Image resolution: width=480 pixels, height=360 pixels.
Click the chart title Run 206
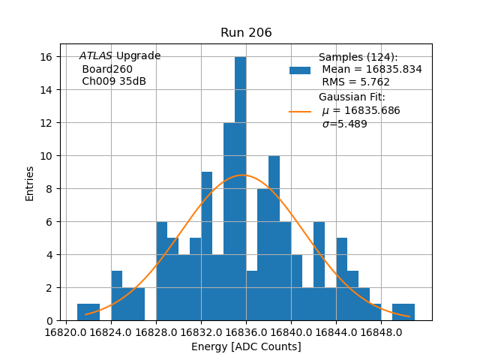coord(246,33)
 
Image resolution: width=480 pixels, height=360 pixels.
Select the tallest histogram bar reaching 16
coord(240,187)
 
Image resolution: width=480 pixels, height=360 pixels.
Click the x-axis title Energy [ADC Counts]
coord(246,346)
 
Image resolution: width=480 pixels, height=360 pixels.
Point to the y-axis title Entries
coord(30,182)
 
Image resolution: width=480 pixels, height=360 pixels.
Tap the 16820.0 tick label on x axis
coord(66,331)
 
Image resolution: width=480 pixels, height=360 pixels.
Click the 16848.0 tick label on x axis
coord(381,331)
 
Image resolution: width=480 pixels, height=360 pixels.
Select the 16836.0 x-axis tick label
coord(246,331)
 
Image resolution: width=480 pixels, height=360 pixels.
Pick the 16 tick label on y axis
coord(46,57)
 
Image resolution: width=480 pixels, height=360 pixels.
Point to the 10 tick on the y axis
coord(46,156)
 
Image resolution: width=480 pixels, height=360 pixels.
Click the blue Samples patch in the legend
coord(299,70)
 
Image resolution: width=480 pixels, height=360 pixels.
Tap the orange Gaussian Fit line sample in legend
coord(299,111)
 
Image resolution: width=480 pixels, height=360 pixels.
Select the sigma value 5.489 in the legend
coord(344,124)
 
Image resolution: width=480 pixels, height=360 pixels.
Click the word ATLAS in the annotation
coord(96,56)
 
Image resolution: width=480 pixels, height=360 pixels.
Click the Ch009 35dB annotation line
coord(113,81)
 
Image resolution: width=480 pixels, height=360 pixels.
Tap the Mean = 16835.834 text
coord(371,69)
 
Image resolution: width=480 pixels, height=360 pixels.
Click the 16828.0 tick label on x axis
coord(156,331)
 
